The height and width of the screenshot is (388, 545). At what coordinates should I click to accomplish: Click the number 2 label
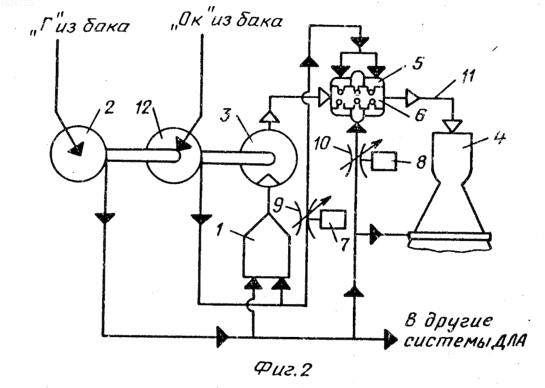(x=108, y=108)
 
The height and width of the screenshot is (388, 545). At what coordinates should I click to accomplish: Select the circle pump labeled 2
(x=78, y=153)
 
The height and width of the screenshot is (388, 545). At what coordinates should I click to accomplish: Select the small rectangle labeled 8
(x=384, y=161)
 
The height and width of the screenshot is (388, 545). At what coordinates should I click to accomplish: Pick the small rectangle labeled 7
(x=333, y=219)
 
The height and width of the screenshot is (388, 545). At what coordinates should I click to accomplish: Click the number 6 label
(x=420, y=116)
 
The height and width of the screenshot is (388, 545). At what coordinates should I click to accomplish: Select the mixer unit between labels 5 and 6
(x=357, y=97)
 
